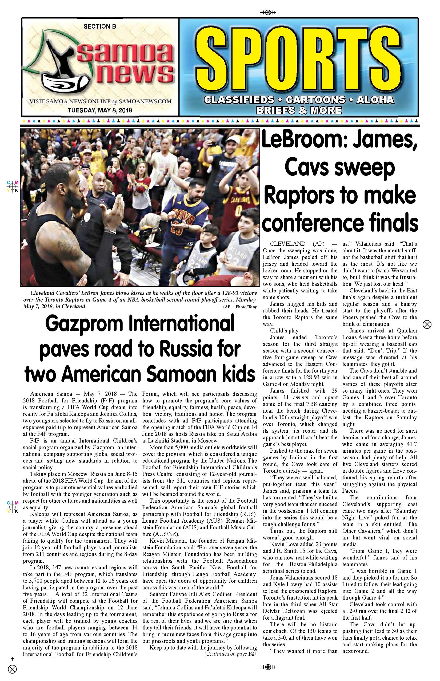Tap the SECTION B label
click(100, 27)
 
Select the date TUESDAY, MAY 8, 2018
click(100, 110)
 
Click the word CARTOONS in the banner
click(315, 100)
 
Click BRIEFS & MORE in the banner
click(299, 110)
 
